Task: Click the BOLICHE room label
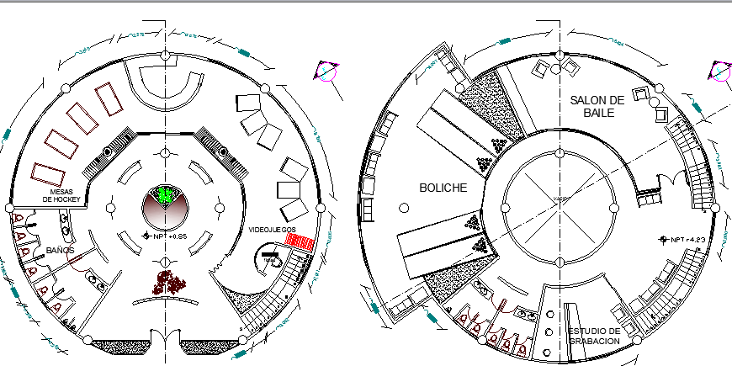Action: click(x=443, y=188)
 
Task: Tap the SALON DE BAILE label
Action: click(x=596, y=106)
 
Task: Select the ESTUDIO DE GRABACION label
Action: click(x=594, y=336)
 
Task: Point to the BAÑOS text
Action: click(x=60, y=251)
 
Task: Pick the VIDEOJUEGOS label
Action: click(x=272, y=229)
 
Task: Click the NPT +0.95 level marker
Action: click(x=167, y=236)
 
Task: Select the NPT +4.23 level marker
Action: click(x=684, y=239)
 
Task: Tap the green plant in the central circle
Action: click(x=166, y=196)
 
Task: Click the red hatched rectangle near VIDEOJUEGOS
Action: click(x=300, y=242)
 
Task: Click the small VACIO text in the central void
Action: click(x=560, y=198)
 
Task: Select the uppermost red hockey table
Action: click(x=109, y=102)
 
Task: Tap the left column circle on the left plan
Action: click(x=9, y=207)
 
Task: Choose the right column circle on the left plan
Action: click(x=320, y=207)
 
